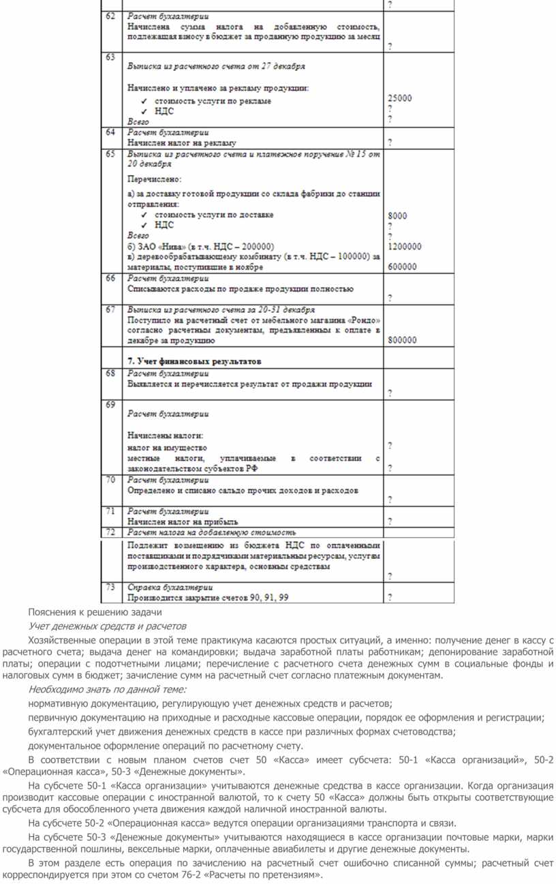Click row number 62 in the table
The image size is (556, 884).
[x=110, y=16]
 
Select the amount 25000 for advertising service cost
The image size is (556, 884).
[x=399, y=98]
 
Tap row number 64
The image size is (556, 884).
[x=110, y=132]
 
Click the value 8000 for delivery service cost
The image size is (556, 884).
[x=397, y=216]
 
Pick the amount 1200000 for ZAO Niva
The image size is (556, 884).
[x=404, y=247]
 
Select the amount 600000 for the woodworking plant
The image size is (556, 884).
[x=402, y=267]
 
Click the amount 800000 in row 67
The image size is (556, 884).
[x=402, y=339]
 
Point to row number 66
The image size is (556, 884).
[x=110, y=278]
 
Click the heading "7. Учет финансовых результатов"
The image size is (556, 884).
[x=195, y=361]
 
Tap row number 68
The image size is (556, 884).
[x=110, y=373]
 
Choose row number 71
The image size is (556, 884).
[x=110, y=510]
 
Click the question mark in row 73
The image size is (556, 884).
[x=390, y=598]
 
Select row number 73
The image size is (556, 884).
[x=110, y=587]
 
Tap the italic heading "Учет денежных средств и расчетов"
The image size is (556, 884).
[x=107, y=626]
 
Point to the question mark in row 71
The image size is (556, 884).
[x=390, y=521]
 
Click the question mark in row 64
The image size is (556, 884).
[x=390, y=143]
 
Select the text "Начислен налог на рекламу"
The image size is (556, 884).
[x=182, y=143]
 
